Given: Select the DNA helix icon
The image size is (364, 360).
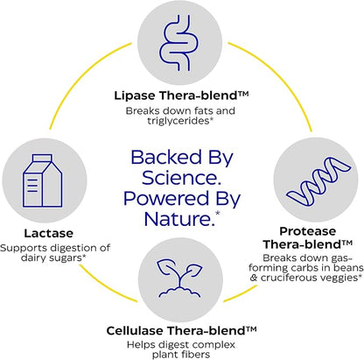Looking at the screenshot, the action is click(318, 180).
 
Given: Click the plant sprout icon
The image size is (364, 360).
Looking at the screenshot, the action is click(180, 278).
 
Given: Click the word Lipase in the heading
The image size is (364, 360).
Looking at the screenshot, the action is click(135, 95).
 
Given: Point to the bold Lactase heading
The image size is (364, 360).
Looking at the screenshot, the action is click(49, 233).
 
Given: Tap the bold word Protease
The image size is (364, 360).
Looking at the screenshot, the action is click(308, 231).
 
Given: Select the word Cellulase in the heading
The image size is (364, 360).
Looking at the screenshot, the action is click(135, 330).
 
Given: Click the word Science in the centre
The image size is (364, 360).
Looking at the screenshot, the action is click(181, 178).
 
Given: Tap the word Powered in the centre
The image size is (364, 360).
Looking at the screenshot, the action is click(166, 198).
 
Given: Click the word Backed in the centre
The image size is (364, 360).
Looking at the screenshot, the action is click(166, 157).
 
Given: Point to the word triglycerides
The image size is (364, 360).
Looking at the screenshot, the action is click(178, 121).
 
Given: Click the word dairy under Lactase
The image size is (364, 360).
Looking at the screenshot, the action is click(31, 258).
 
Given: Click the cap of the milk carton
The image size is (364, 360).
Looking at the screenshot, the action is click(43, 158).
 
